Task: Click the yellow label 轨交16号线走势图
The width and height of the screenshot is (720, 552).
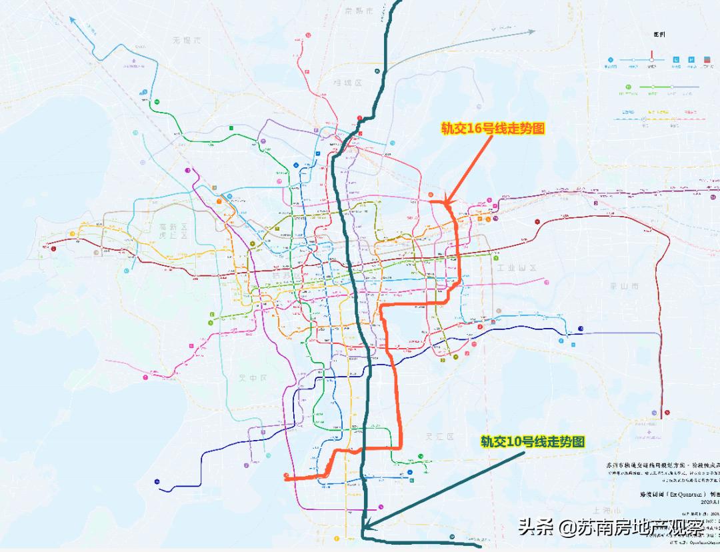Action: coord(493,129)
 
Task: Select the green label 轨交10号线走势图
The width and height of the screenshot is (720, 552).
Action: coord(533,441)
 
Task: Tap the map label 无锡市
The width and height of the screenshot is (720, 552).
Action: coord(187,40)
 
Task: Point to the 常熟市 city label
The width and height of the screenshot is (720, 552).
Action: coord(361,11)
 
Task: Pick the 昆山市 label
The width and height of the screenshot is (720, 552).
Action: coord(626,286)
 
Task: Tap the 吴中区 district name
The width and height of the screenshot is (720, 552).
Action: coord(253,378)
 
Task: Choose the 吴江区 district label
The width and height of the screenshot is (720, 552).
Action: coord(439,437)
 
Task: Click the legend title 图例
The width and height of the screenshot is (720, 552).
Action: coord(660,33)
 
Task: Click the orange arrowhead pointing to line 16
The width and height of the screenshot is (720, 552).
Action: coord(447,199)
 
